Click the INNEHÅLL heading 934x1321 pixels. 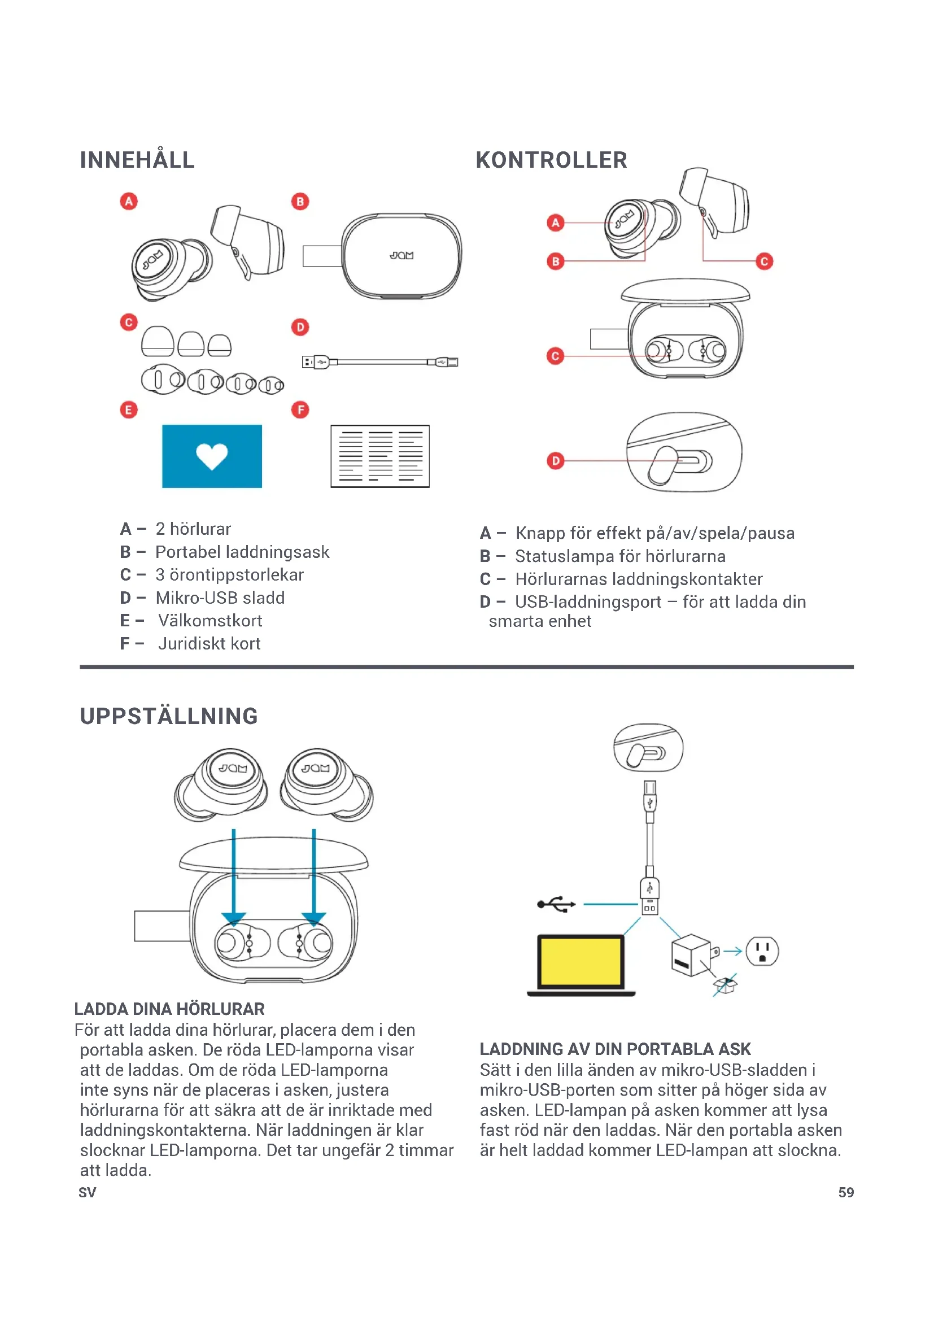click(x=137, y=160)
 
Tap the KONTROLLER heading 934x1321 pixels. click(x=551, y=160)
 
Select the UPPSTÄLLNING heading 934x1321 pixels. click(x=168, y=716)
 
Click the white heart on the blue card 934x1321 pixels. click(x=212, y=456)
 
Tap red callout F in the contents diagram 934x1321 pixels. click(x=300, y=409)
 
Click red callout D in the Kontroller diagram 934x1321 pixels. click(x=556, y=460)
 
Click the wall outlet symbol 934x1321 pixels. click(x=762, y=951)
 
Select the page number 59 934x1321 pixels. click(x=845, y=1192)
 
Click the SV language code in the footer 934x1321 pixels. click(x=88, y=1192)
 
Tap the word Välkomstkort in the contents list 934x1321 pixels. click(x=210, y=621)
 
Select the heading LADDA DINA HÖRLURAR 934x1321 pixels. click(x=169, y=1009)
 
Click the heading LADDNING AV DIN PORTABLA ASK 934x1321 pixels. click(x=615, y=1049)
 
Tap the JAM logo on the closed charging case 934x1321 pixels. click(x=401, y=255)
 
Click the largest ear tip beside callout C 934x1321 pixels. click(x=158, y=342)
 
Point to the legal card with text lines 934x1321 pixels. click(x=379, y=456)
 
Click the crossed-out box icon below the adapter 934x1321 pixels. click(x=724, y=986)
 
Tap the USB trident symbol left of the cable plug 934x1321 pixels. click(x=556, y=904)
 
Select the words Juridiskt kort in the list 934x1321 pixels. click(x=210, y=644)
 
